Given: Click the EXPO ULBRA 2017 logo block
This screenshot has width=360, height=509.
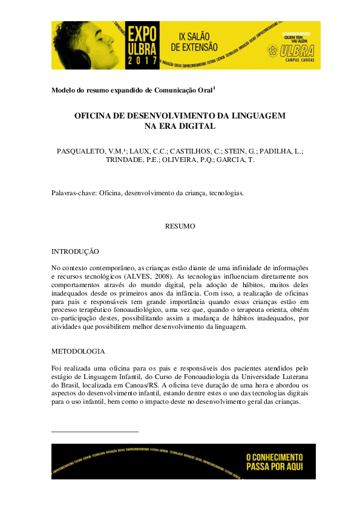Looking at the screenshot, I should coord(143,44).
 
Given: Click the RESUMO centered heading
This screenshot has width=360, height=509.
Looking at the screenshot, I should coord(180,226).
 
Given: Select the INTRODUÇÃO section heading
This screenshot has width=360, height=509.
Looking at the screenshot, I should coord(76,251).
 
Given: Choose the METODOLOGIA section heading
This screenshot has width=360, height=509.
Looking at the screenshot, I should coord(78,351).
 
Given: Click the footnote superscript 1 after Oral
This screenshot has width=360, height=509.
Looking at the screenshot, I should coord(214,88).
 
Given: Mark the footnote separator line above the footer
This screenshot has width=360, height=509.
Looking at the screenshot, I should coord(95,432).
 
